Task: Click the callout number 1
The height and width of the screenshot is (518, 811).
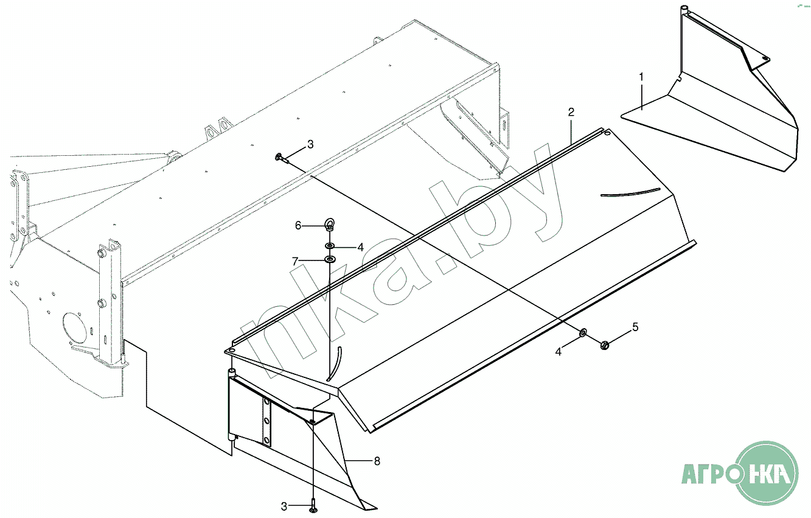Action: tap(641, 77)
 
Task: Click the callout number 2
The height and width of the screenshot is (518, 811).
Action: tap(571, 112)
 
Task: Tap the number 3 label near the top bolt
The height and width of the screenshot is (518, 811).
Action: tap(310, 144)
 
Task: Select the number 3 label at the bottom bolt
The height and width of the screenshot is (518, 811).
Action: tap(284, 506)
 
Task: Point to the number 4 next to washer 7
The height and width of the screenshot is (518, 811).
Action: tap(360, 247)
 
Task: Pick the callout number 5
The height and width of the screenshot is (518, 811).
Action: tap(635, 327)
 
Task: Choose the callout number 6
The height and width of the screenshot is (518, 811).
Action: tap(298, 225)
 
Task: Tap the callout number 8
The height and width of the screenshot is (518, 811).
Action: tap(377, 461)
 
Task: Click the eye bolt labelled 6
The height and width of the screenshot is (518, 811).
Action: tap(329, 225)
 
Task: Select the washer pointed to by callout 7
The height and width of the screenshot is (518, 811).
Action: tap(329, 260)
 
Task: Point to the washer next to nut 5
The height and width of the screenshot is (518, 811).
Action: tap(582, 332)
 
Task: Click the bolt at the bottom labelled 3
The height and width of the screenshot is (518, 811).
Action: tap(313, 505)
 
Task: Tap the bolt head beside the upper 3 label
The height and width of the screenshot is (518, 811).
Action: tap(279, 157)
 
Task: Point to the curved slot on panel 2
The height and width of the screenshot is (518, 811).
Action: tap(630, 192)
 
